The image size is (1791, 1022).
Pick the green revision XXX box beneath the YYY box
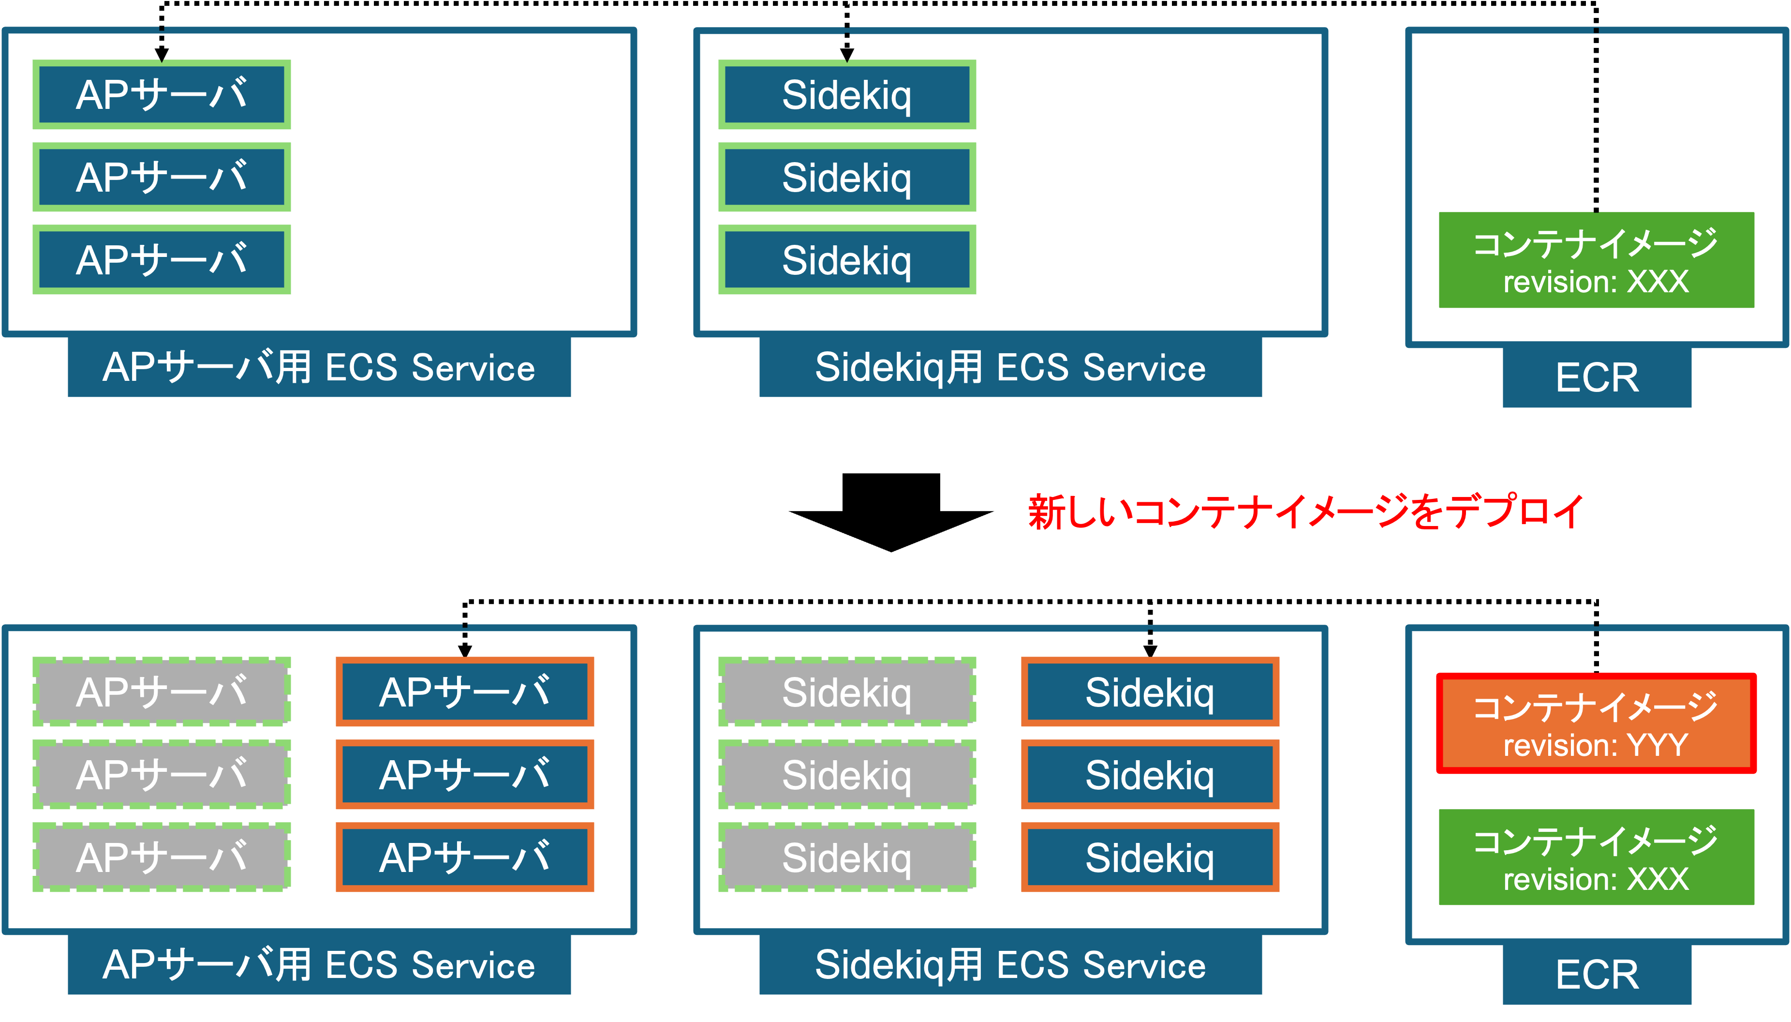point(1596,857)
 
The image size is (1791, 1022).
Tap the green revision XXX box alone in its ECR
point(1596,260)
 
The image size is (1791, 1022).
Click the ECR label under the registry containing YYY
point(1597,974)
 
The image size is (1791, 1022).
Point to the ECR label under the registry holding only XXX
point(1597,377)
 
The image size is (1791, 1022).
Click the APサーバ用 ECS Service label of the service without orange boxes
point(319,367)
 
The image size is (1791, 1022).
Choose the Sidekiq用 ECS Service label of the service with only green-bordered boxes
point(1010,367)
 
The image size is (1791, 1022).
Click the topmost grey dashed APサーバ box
point(162,692)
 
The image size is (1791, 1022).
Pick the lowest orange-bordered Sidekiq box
point(1150,857)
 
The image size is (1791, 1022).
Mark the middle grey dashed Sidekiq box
point(847,774)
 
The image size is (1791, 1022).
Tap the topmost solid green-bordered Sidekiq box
point(847,95)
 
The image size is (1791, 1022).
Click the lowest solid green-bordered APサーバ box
point(162,260)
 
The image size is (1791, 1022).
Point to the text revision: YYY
point(1596,745)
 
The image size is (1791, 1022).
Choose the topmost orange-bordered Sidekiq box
point(1150,692)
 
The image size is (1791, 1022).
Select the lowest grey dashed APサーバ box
point(162,857)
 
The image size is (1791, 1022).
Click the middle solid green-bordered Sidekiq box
point(847,178)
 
